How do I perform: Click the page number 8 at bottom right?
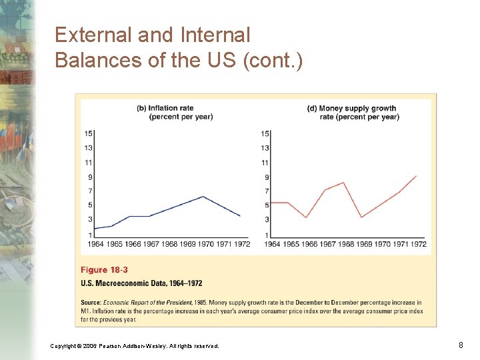click(x=461, y=345)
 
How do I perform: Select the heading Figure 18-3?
click(x=104, y=270)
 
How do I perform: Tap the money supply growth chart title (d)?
click(x=353, y=113)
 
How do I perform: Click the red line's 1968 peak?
click(x=343, y=183)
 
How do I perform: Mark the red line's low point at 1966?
click(x=306, y=217)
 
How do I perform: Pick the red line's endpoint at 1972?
click(x=417, y=176)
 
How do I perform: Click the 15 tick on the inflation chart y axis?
click(x=89, y=133)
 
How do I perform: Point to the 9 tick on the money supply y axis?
click(x=267, y=177)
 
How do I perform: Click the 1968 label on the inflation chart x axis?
click(x=170, y=244)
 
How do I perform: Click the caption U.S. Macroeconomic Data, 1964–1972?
click(x=141, y=283)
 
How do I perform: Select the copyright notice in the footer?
click(x=134, y=345)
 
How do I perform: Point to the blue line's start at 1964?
click(x=95, y=229)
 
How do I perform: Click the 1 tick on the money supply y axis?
click(x=267, y=235)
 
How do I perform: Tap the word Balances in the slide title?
click(x=91, y=59)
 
